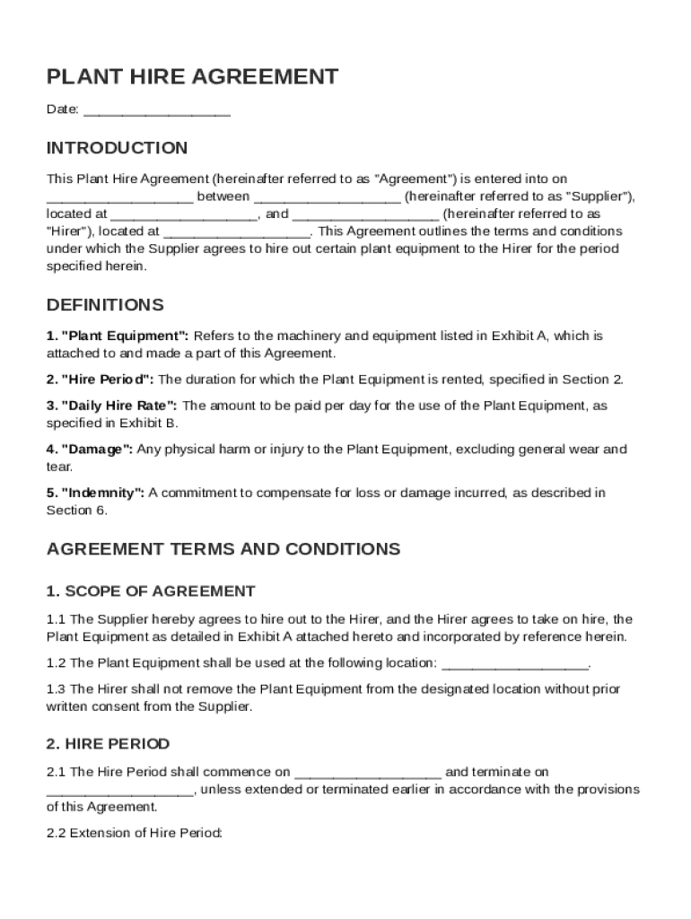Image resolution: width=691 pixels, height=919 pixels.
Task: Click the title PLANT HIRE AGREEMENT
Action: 192,77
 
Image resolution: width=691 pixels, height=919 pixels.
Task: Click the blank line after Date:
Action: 158,111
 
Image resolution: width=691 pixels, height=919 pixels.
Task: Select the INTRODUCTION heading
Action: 117,148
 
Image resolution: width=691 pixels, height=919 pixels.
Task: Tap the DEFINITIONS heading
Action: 105,305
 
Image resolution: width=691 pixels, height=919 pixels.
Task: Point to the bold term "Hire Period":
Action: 107,379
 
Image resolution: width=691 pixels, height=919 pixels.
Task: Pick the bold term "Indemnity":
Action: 101,492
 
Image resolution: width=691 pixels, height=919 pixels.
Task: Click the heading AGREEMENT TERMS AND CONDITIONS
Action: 223,548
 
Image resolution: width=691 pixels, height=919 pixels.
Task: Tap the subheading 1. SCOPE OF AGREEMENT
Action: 151,591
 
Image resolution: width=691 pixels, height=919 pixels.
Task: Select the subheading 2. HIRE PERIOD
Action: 108,744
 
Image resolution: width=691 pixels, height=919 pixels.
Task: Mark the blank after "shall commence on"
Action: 367,773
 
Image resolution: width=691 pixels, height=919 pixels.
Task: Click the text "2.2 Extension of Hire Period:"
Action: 135,833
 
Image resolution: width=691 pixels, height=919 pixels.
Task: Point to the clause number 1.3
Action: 56,688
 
